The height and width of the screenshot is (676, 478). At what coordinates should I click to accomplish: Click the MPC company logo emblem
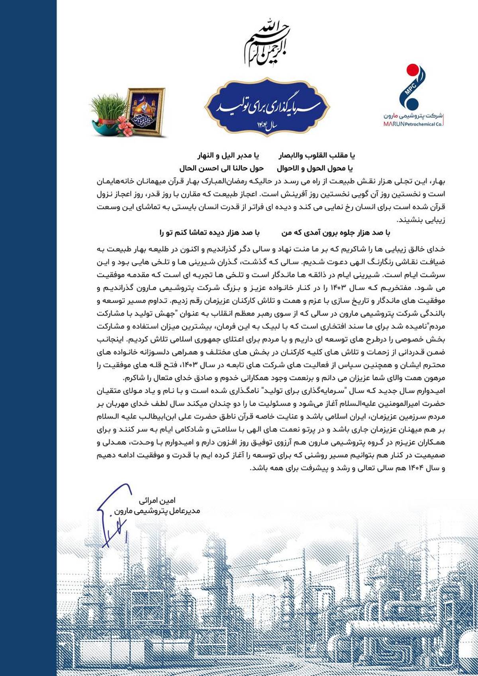pyautogui.click(x=413, y=86)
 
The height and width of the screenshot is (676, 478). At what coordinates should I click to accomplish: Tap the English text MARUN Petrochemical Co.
pyautogui.click(x=413, y=124)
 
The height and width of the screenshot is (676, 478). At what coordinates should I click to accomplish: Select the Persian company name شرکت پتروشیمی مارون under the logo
pyautogui.click(x=413, y=116)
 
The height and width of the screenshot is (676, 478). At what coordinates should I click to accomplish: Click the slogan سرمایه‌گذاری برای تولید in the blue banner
pyautogui.click(x=267, y=106)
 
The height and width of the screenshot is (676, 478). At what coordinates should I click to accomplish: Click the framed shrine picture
pyautogui.click(x=145, y=111)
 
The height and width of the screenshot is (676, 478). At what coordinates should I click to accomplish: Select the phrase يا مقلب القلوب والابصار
pyautogui.click(x=316, y=155)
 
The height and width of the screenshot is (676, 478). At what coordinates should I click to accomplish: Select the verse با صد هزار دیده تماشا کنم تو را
pyautogui.click(x=210, y=233)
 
